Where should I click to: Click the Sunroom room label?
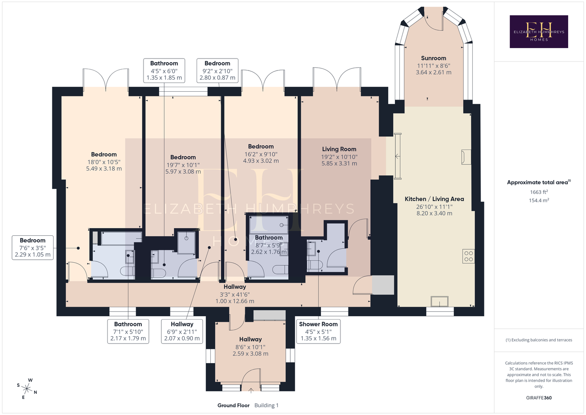[x=433, y=58]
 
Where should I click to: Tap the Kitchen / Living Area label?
[x=434, y=199]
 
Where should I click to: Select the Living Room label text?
[x=339, y=149]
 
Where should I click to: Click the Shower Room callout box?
[x=319, y=331]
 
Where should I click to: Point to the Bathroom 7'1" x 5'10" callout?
[x=128, y=331]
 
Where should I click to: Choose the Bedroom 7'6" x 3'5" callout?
[x=33, y=247]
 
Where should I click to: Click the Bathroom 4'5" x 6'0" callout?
[x=164, y=71]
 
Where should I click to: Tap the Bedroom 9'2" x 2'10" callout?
[x=217, y=71]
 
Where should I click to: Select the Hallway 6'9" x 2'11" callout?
[x=182, y=331]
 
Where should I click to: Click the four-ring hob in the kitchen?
[x=469, y=256]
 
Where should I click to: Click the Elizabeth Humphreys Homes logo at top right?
[x=539, y=32]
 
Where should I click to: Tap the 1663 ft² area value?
[x=539, y=192]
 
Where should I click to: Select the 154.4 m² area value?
[x=539, y=200]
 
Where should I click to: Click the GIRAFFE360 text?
[x=539, y=398]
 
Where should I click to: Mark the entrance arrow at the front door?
[x=251, y=391]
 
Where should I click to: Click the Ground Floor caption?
[x=233, y=405]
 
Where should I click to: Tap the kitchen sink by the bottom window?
[x=440, y=301]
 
